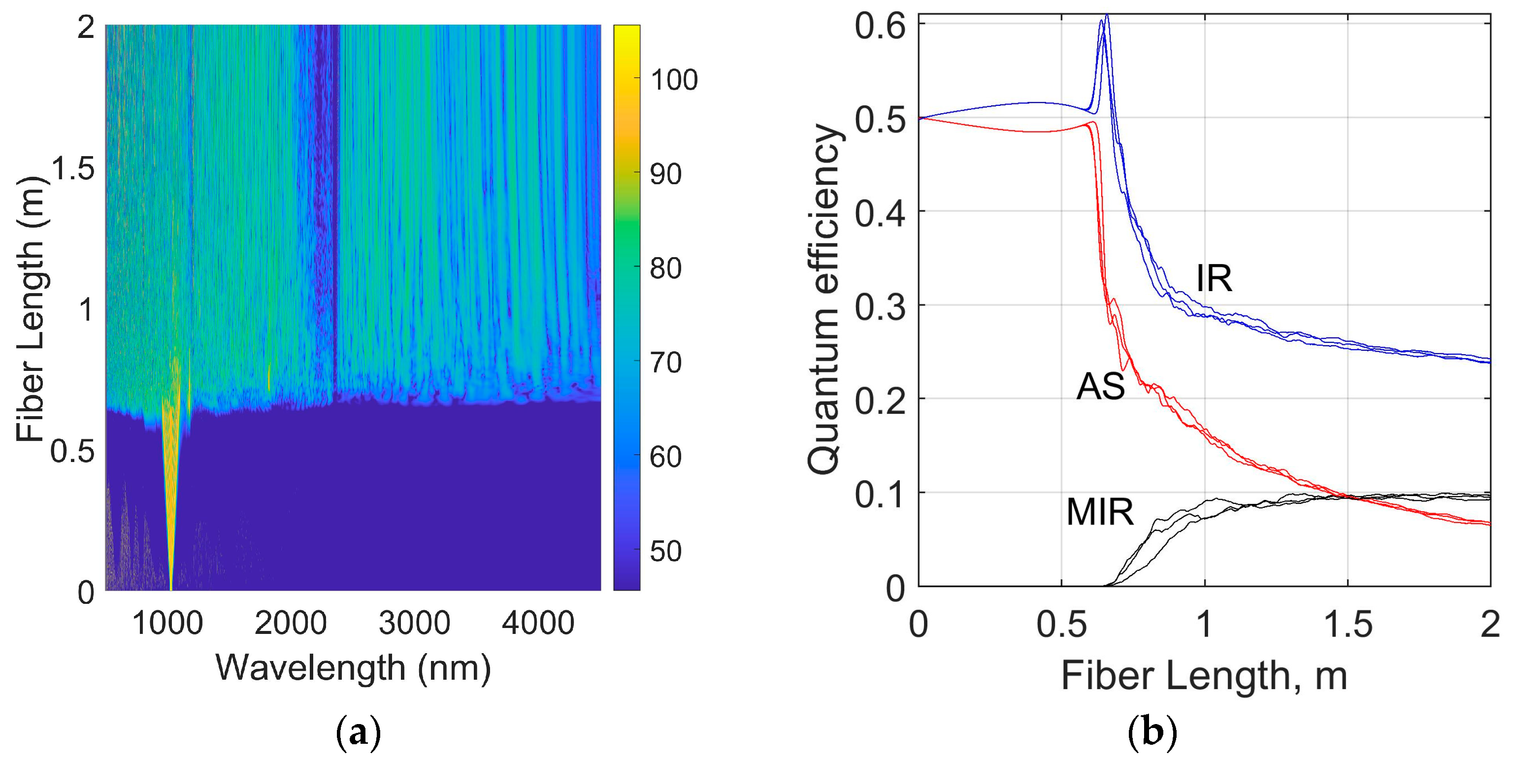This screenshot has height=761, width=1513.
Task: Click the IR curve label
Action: pyautogui.click(x=1214, y=278)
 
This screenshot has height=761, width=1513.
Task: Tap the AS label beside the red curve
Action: pyautogui.click(x=1100, y=388)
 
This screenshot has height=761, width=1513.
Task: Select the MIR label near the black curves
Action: pyautogui.click(x=1099, y=512)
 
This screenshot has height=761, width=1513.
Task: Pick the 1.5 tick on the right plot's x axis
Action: pyautogui.click(x=1348, y=624)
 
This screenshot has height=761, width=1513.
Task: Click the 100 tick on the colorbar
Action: pyautogui.click(x=674, y=80)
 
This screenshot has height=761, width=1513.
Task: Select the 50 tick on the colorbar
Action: pyautogui.click(x=665, y=551)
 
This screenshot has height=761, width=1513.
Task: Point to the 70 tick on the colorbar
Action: pyautogui.click(x=665, y=363)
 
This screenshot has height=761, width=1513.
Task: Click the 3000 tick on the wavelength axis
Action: pyautogui.click(x=414, y=623)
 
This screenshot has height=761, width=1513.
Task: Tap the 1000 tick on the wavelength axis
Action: pyautogui.click(x=167, y=623)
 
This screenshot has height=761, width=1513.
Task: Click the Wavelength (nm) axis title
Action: pyautogui.click(x=353, y=667)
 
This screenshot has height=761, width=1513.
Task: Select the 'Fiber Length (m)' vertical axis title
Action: pyautogui.click(x=31, y=308)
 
